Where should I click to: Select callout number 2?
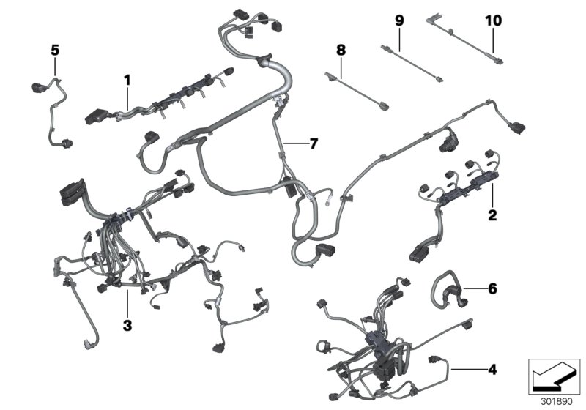point(492,215)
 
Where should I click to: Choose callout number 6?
point(492,290)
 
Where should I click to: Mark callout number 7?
point(313,143)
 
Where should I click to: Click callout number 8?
point(340,51)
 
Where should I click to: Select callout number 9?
point(399,20)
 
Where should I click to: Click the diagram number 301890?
point(554,402)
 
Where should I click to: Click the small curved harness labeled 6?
point(447,289)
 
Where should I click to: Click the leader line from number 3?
point(127,304)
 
